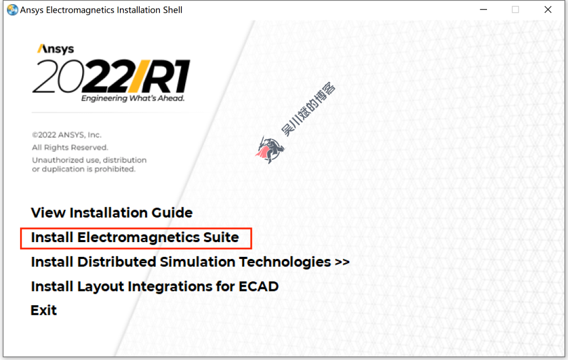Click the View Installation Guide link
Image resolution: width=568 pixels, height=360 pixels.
111,213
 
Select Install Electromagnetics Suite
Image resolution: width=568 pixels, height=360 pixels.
135,237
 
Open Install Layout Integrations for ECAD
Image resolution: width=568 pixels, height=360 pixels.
155,286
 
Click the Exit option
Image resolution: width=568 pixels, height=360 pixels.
44,311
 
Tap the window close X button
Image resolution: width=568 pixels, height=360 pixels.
548,9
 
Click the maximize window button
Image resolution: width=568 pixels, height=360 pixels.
515,9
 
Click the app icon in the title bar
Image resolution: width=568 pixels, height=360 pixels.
12,9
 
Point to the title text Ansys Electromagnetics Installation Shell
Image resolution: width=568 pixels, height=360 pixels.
101,10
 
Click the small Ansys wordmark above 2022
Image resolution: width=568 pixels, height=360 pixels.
55,49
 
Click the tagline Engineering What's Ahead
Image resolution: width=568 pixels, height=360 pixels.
133,98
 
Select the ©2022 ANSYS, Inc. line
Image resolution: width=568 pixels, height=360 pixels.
67,135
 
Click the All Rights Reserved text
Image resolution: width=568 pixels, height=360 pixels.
70,147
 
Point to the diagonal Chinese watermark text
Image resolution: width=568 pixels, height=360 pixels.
309,109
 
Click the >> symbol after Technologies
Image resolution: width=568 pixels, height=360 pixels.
342,262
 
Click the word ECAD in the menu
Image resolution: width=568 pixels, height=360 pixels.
258,286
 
